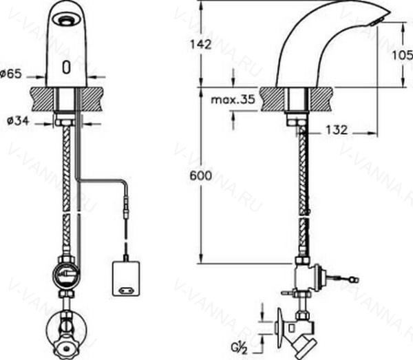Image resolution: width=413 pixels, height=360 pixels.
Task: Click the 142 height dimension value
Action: point(201,45)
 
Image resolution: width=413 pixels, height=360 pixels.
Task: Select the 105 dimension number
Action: point(402,55)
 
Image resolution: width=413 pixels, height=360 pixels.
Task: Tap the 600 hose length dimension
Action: point(201,176)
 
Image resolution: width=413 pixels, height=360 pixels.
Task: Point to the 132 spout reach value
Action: point(337,130)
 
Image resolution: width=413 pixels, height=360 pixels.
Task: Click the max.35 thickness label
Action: point(233,100)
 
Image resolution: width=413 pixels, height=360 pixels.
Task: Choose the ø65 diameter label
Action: point(11,74)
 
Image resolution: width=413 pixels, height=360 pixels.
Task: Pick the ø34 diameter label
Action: point(18,121)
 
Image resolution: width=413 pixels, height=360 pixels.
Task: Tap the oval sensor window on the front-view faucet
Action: point(66,67)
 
